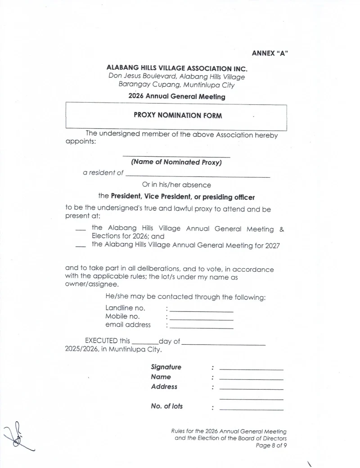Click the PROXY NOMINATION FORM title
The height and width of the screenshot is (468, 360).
coord(178,115)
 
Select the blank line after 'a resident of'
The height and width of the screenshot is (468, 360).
coord(198,177)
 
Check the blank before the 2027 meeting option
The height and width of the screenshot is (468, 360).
coord(81,245)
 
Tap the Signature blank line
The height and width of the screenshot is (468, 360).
coord(252,369)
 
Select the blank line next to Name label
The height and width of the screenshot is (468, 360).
coord(252,379)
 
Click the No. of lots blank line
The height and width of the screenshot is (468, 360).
coord(252,409)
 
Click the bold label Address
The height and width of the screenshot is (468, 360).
coord(164,387)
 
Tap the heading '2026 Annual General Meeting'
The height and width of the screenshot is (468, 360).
coord(177,96)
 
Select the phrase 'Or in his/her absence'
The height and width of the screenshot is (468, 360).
coord(176,184)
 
